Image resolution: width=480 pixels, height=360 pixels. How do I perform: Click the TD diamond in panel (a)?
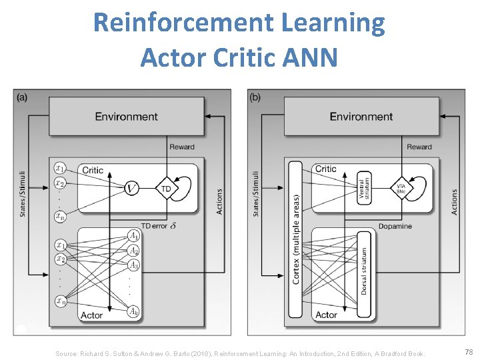(167, 189)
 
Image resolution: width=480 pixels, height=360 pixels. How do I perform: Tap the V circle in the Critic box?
(132, 189)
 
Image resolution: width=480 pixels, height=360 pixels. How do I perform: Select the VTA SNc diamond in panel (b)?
(401, 189)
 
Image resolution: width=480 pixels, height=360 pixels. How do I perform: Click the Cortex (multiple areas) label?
(296, 239)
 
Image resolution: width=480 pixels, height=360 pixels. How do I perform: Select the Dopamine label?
(395, 226)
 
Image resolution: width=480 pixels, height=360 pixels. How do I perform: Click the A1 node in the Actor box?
(134, 235)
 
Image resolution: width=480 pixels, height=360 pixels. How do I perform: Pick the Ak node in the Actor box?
(134, 311)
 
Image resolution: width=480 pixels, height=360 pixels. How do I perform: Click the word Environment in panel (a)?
(126, 117)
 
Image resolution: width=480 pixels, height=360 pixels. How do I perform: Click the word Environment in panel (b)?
(361, 117)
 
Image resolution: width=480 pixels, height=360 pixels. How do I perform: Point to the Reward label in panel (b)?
(419, 147)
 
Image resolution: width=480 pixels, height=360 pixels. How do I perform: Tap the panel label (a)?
(22, 97)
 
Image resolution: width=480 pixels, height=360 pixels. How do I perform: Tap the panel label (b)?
(255, 97)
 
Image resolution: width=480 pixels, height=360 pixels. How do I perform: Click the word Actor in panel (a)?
(92, 315)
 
